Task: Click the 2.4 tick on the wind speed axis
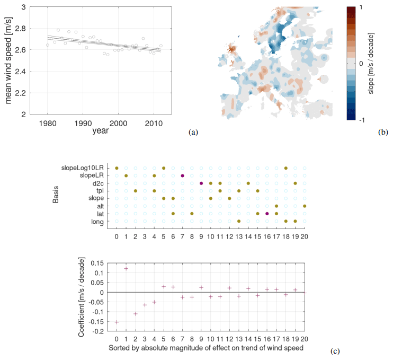24,71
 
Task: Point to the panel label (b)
383,133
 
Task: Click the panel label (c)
335,350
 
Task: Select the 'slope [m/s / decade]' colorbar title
371,63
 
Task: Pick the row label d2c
104,183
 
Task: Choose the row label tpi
105,190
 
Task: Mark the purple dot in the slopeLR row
182,175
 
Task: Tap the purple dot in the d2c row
201,183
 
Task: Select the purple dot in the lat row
267,214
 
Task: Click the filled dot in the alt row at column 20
305,206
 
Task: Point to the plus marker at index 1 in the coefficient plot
126,268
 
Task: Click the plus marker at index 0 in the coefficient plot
117,322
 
